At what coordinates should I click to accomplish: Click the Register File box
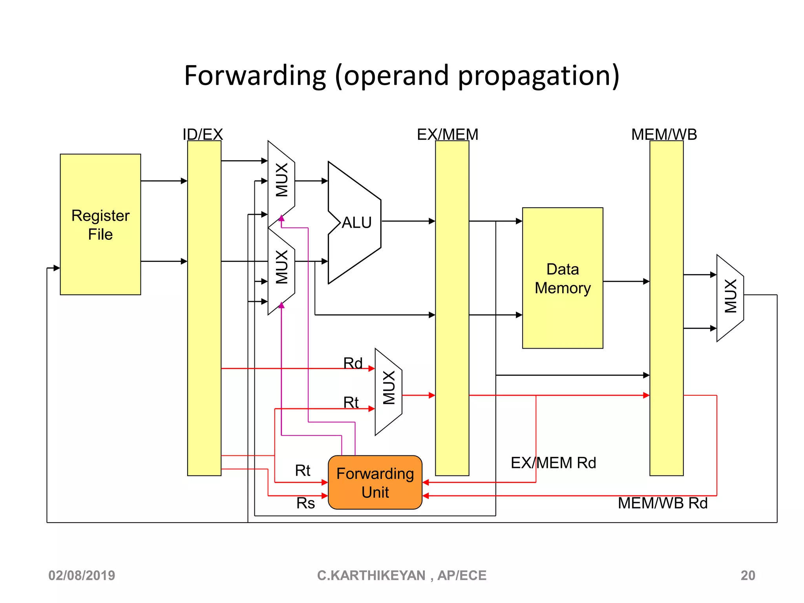[x=100, y=225]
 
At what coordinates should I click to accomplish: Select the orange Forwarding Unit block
[x=375, y=482]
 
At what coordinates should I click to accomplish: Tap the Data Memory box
[x=562, y=278]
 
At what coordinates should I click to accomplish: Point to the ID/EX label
[x=203, y=135]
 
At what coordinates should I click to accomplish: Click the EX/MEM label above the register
[x=447, y=135]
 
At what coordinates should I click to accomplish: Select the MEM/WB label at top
[x=664, y=135]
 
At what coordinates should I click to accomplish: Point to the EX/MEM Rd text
[x=553, y=463]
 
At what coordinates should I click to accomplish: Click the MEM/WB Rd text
[x=662, y=503]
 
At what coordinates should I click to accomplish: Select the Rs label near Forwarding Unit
[x=305, y=503]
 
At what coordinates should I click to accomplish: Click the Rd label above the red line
[x=353, y=363]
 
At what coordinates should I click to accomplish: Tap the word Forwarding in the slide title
[x=255, y=75]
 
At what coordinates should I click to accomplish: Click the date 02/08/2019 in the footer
[x=82, y=576]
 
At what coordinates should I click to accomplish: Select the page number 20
[x=747, y=576]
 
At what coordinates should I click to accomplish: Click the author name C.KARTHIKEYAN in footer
[x=371, y=576]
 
